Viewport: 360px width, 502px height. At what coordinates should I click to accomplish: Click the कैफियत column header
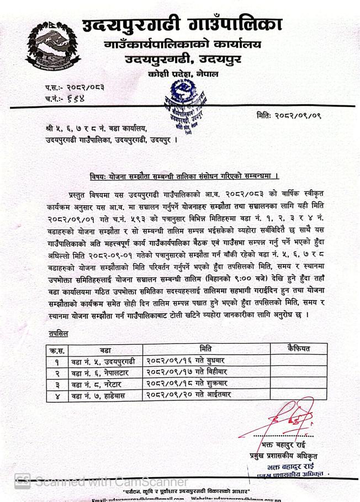click(x=299, y=349)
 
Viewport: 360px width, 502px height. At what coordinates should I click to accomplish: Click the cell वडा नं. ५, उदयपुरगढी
click(x=102, y=361)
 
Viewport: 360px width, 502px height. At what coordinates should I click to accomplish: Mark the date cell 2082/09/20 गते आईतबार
click(x=188, y=394)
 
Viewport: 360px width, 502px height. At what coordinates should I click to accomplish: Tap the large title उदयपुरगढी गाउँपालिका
click(x=182, y=25)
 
